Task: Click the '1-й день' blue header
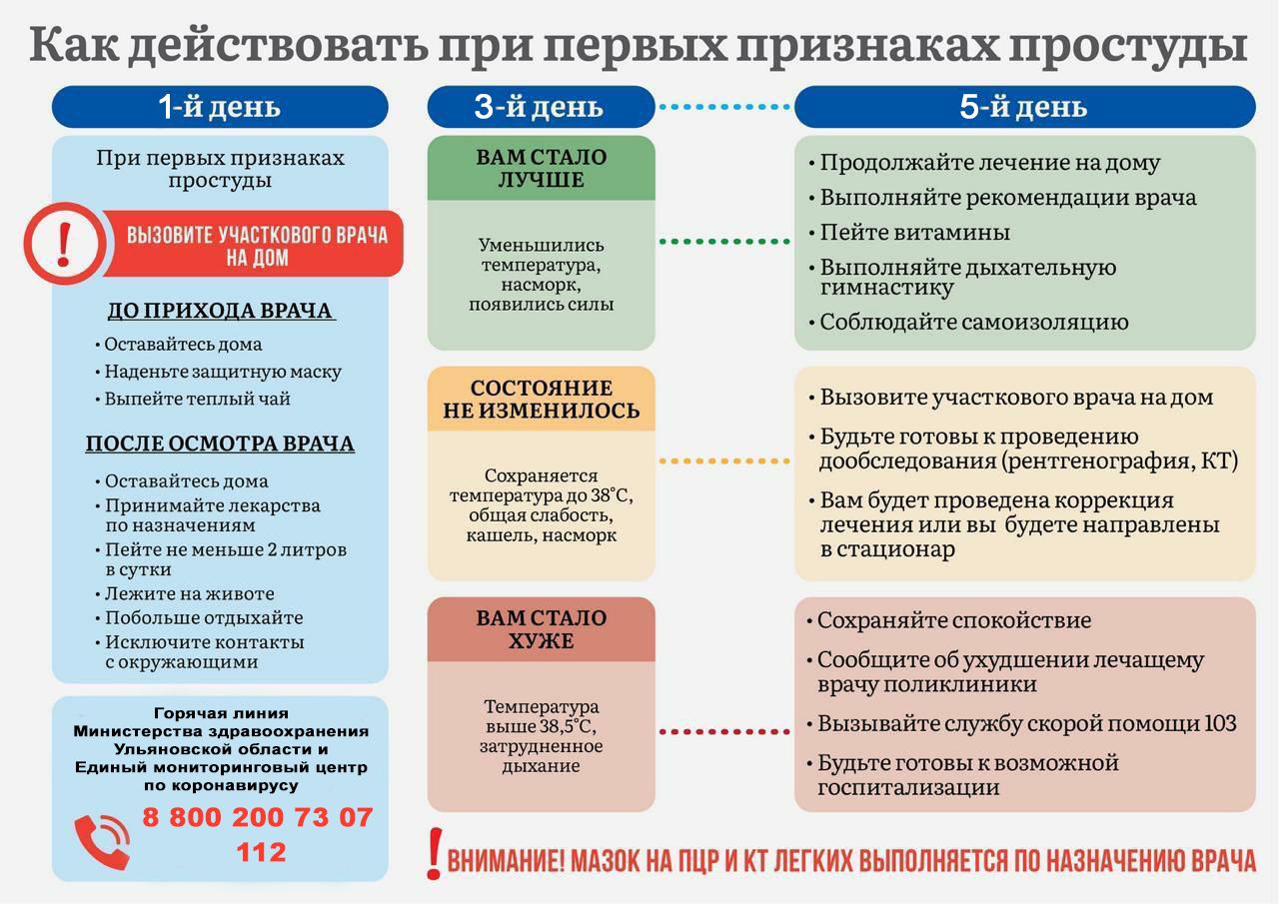click(220, 107)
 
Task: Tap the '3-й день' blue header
click(541, 107)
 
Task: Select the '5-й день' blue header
click(1024, 107)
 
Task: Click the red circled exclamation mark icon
click(65, 244)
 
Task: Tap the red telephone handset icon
click(102, 842)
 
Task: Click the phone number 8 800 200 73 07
click(258, 817)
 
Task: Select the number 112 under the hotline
click(261, 853)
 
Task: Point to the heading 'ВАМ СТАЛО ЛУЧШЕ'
click(541, 169)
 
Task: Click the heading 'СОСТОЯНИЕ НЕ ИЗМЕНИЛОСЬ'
click(541, 399)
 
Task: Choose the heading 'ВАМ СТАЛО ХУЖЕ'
click(541, 629)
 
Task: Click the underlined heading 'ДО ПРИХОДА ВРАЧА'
click(221, 311)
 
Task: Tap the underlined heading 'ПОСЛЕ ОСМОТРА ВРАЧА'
click(220, 444)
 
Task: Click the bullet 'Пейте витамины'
click(909, 233)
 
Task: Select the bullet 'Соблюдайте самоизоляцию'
click(968, 322)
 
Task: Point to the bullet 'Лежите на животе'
click(185, 593)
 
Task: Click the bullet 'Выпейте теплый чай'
click(193, 399)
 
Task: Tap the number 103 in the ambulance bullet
click(1220, 723)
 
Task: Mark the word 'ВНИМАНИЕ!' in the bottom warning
click(506, 861)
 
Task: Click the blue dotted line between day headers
click(724, 107)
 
